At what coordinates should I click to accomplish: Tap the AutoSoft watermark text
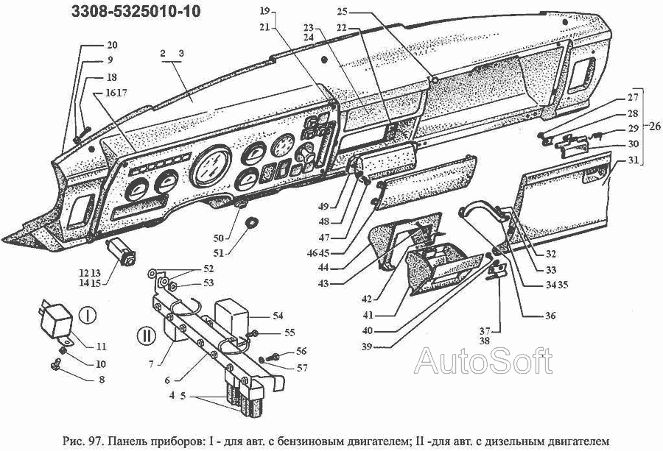click(483, 361)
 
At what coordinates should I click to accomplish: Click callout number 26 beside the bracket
click(654, 125)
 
